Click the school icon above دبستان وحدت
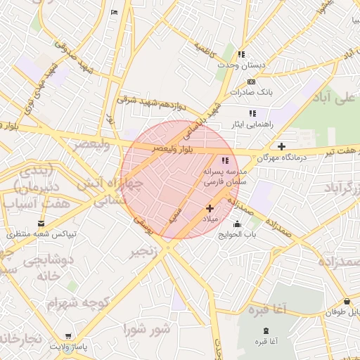click(241, 54)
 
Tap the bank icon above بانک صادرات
click(251, 82)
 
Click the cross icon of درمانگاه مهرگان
click(282, 147)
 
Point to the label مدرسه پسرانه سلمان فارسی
click(224, 176)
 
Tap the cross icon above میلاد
click(210, 208)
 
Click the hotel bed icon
click(115, 13)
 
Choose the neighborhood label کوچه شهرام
click(69, 303)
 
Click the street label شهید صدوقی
click(74, 56)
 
